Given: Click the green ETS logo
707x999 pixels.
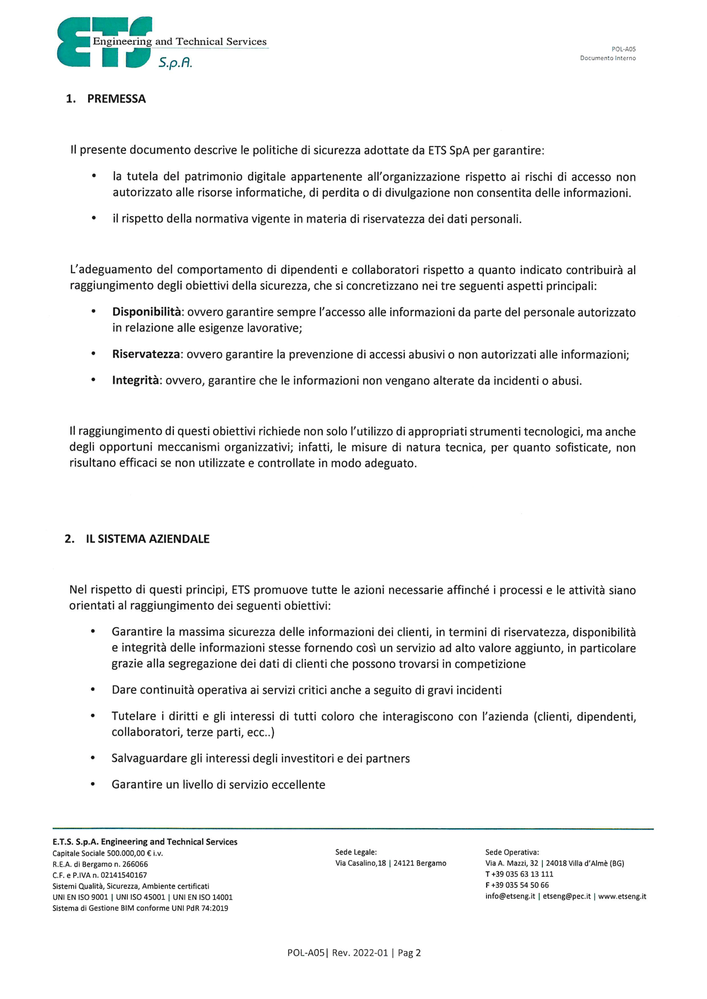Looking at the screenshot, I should pyautogui.click(x=104, y=43).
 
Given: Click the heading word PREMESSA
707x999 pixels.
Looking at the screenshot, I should pyautogui.click(x=116, y=99).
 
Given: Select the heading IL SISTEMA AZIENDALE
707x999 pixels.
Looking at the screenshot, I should pyautogui.click(x=147, y=539).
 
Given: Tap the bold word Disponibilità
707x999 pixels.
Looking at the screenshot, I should pyautogui.click(x=146, y=312).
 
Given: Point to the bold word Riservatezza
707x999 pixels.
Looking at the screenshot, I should pyautogui.click(x=146, y=354).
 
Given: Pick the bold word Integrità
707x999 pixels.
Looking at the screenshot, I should pyautogui.click(x=136, y=380).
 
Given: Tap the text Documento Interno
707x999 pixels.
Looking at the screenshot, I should pyautogui.click(x=607, y=58).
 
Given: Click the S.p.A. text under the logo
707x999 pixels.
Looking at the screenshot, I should pyautogui.click(x=175, y=63).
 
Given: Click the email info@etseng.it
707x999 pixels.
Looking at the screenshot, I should pyautogui.click(x=510, y=896).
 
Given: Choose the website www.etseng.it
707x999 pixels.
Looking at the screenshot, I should pyautogui.click(x=622, y=896).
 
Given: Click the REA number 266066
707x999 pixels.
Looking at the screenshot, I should pyautogui.click(x=135, y=864).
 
